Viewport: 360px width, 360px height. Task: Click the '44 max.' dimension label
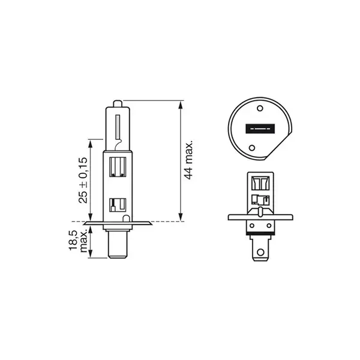coord(189,161)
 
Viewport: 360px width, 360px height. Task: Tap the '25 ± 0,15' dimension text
coord(83,179)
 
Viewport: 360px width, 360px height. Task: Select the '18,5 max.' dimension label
coord(79,240)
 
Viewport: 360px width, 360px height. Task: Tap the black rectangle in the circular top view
coord(260,128)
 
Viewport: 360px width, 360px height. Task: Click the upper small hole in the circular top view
coord(260,109)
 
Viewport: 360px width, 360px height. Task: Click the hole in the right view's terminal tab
coord(260,252)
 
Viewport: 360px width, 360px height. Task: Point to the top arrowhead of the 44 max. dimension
coord(181,104)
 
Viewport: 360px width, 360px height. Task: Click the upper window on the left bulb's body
coord(118,166)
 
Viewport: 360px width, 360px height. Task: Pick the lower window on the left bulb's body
coord(118,206)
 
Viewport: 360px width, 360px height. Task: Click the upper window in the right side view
coord(260,183)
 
